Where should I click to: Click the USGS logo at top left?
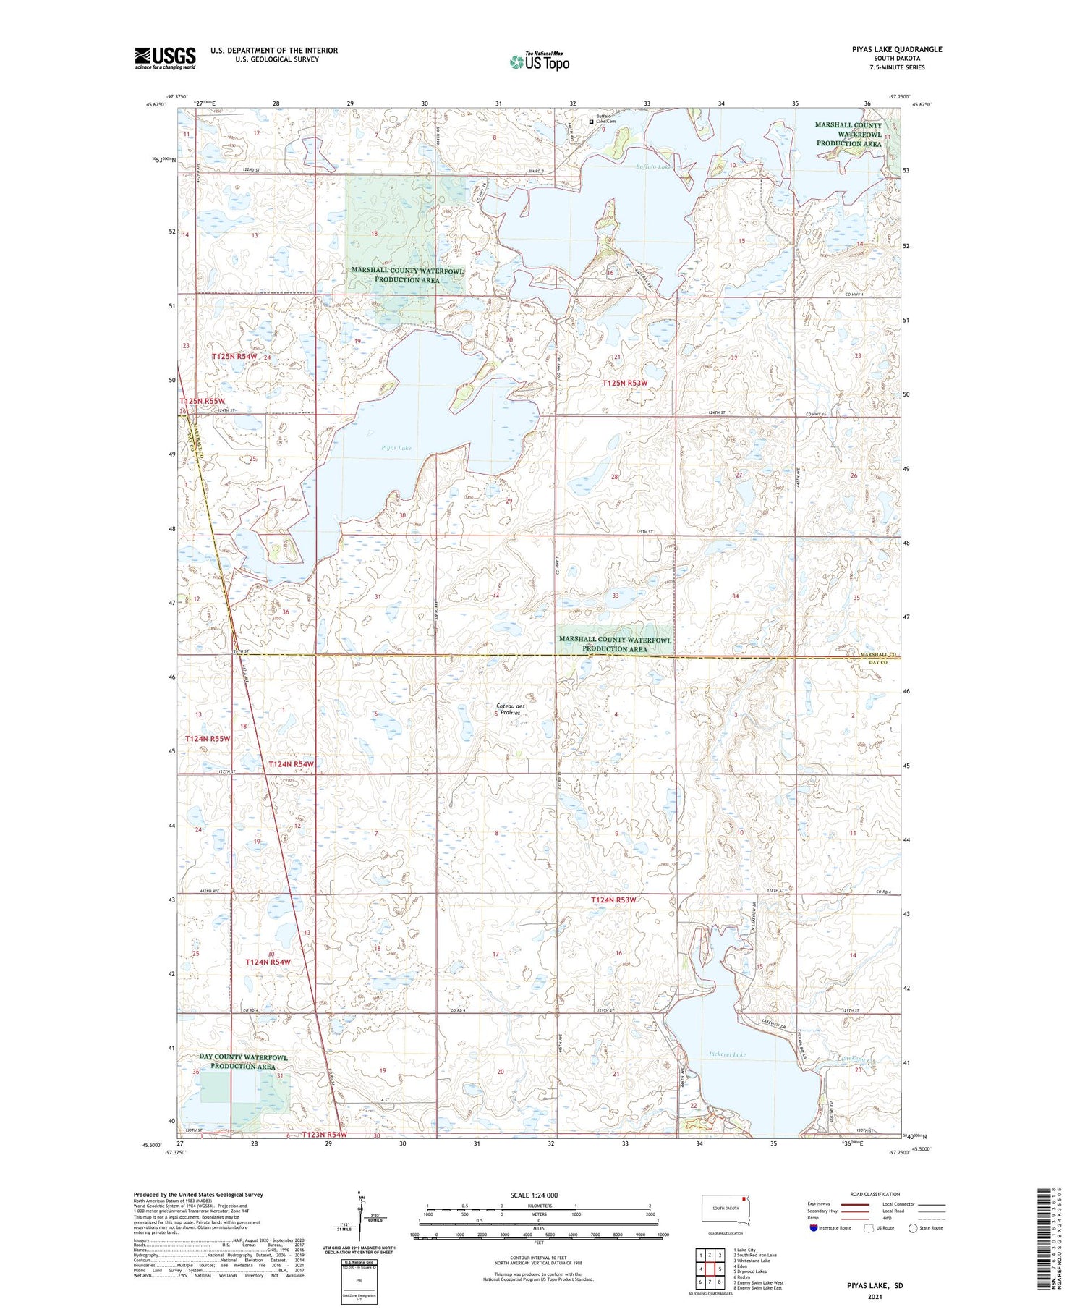point(165,58)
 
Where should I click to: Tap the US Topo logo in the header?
point(540,62)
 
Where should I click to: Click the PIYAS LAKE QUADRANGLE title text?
point(897,49)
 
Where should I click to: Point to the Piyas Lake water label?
point(396,448)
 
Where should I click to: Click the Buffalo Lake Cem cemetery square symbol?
point(591,122)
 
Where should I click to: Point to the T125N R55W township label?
point(203,400)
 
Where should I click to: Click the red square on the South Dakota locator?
point(743,1198)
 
